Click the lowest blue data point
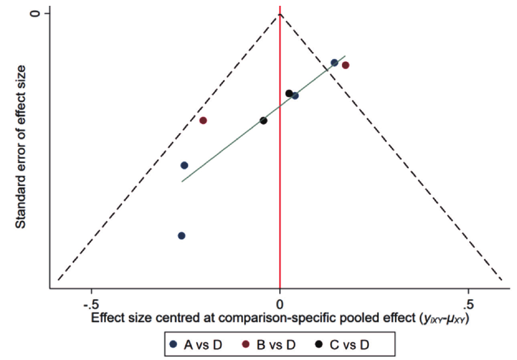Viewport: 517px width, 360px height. click(181, 235)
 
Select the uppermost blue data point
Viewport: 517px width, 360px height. click(334, 63)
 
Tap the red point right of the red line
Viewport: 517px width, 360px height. click(346, 65)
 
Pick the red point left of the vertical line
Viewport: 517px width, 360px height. click(203, 120)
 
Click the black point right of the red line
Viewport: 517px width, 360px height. click(289, 93)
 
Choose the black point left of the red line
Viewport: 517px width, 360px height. click(263, 120)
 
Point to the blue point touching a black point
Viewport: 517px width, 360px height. click(295, 96)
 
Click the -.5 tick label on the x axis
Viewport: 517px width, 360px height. click(91, 306)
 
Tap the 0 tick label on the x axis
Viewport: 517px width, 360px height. click(280, 306)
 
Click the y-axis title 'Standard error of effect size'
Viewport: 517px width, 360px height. click(21, 147)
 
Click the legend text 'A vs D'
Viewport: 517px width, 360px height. click(203, 345)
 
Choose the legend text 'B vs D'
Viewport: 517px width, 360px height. click(276, 345)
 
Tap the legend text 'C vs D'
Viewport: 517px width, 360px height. click(350, 345)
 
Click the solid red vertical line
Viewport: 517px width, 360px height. click(280, 201)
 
